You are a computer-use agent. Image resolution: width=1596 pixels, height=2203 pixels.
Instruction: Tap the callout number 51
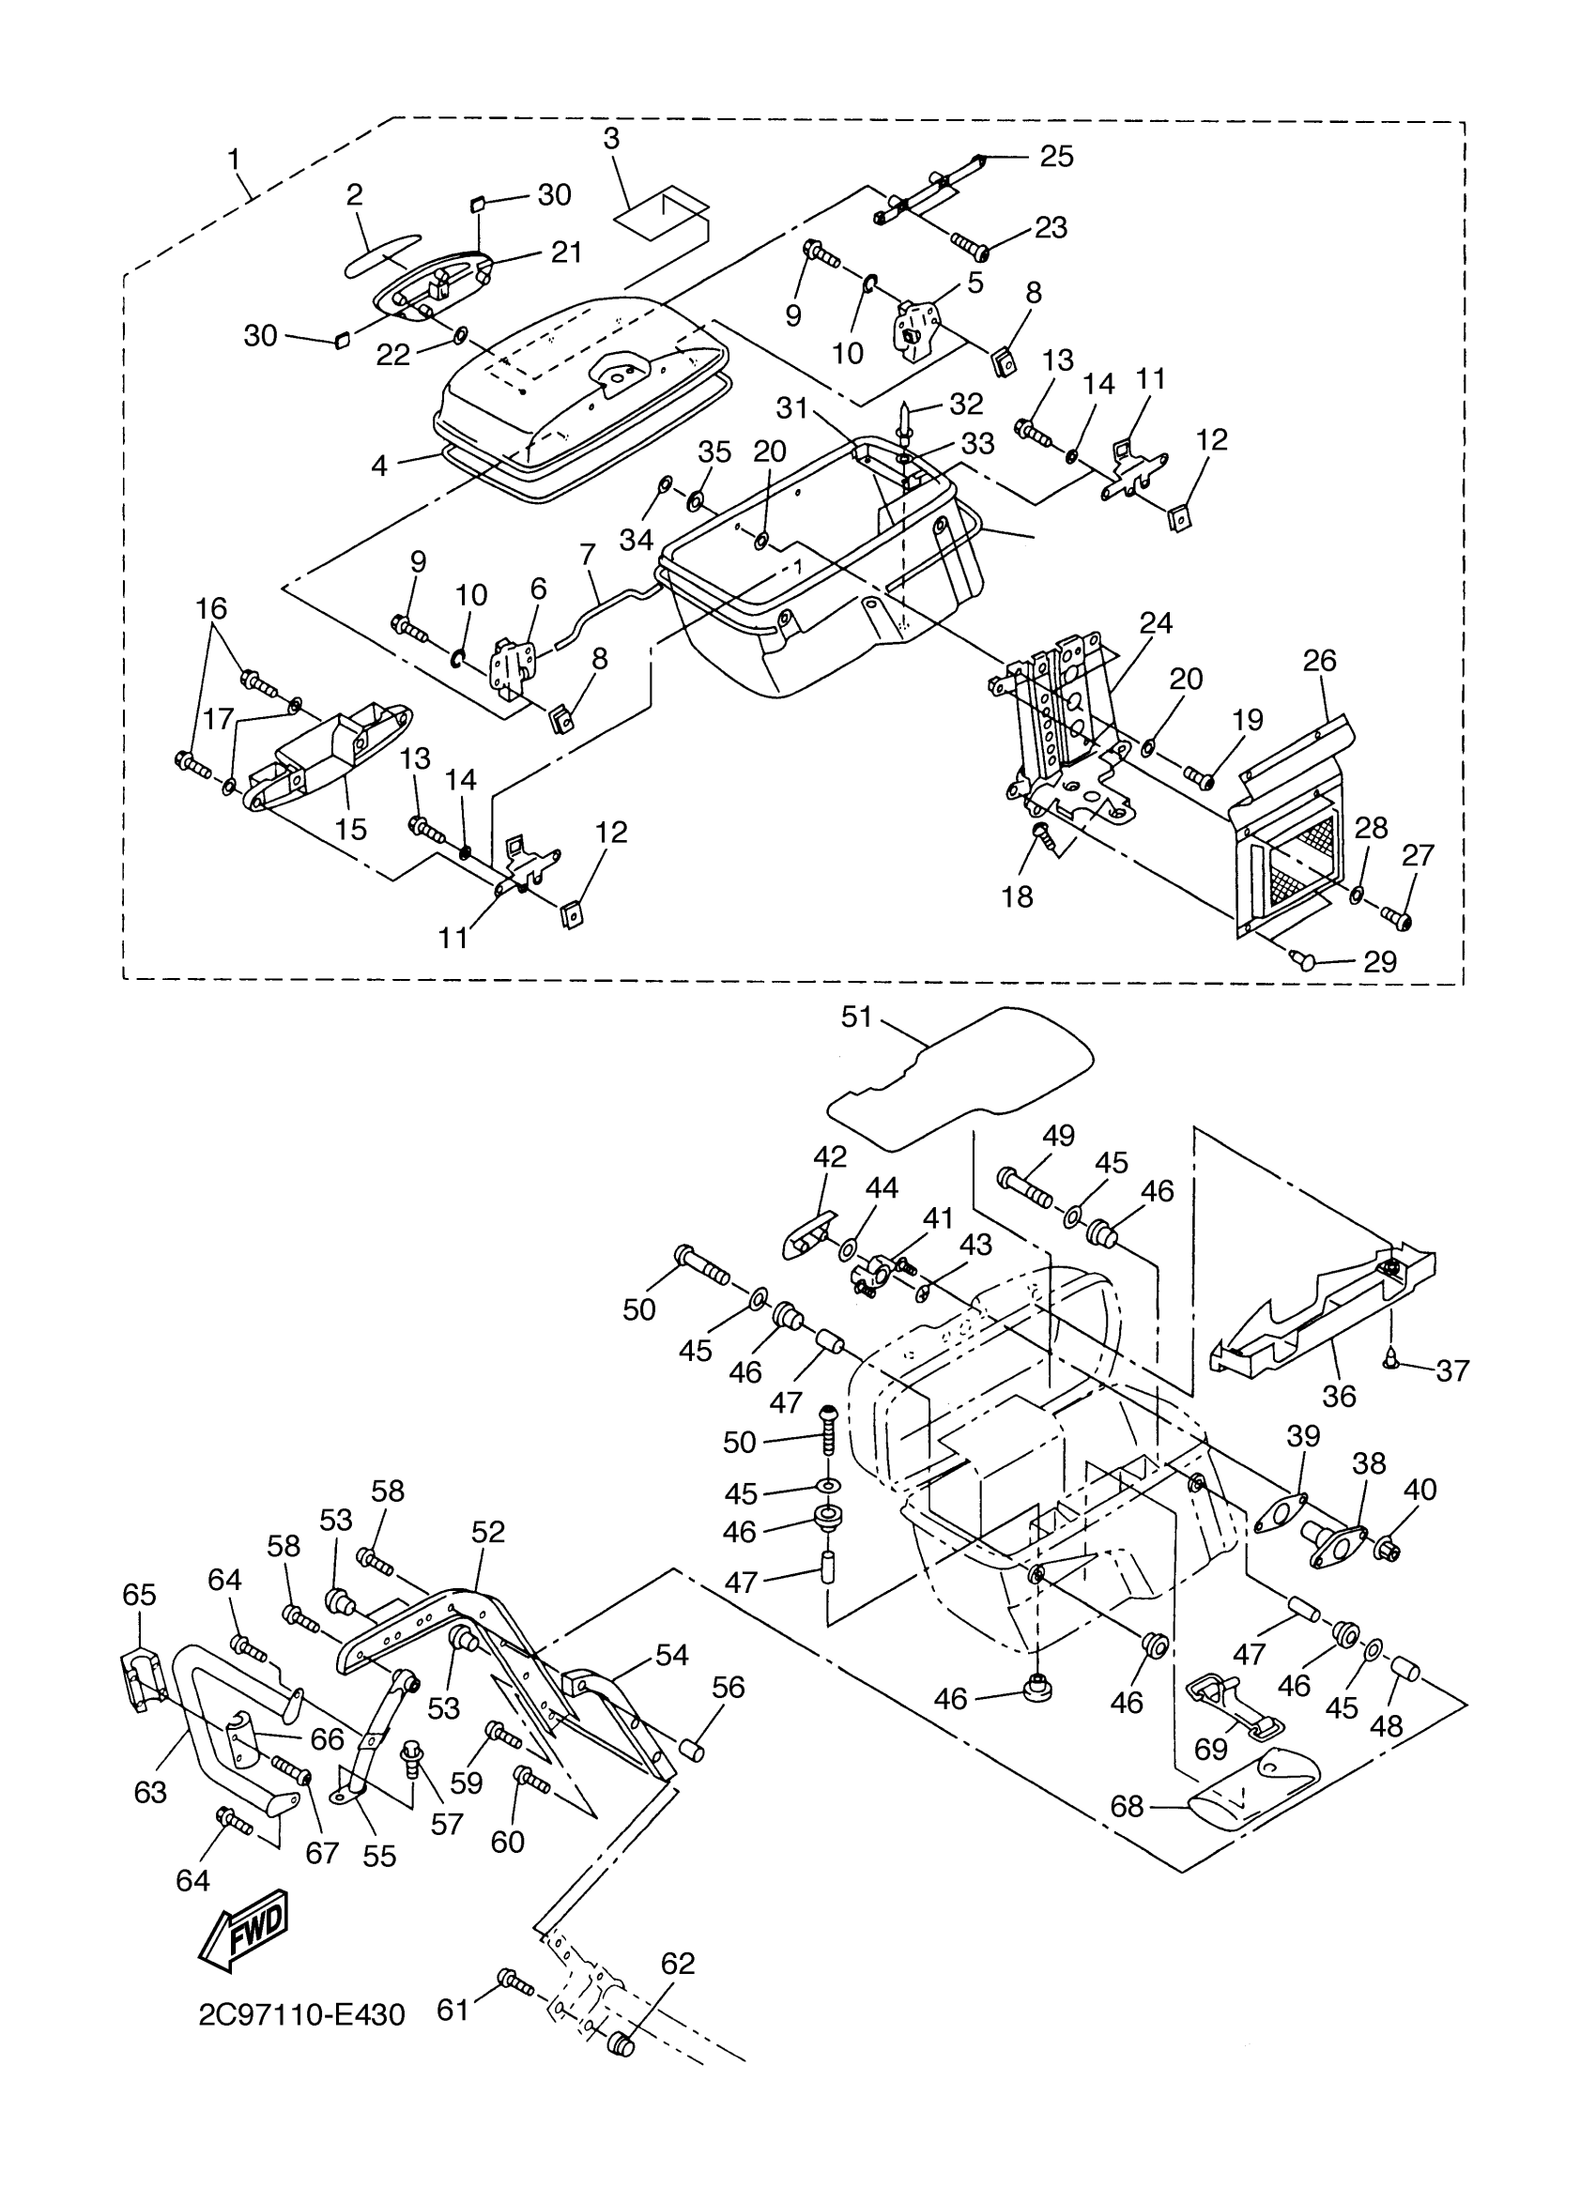click(x=857, y=1017)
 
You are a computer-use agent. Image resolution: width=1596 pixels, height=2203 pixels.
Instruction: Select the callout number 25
click(x=1057, y=157)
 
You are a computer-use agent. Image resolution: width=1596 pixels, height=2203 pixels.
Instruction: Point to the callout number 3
click(x=610, y=138)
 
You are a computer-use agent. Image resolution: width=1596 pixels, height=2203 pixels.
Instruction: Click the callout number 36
click(x=1339, y=1396)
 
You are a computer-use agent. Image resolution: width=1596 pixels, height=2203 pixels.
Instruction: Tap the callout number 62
click(x=678, y=1963)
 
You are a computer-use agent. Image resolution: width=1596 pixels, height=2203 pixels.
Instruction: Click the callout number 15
click(x=351, y=829)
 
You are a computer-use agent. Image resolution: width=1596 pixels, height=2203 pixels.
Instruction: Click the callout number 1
click(x=233, y=158)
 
